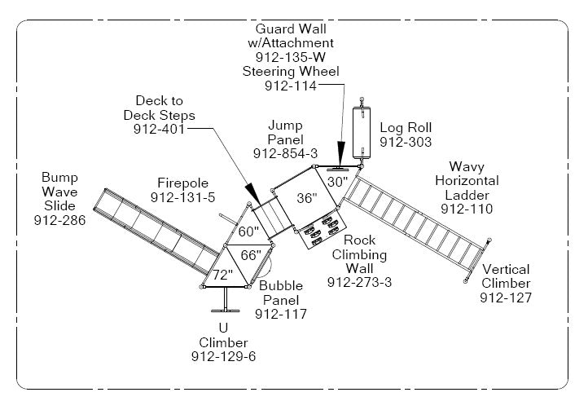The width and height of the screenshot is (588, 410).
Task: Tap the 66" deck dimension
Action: pyautogui.click(x=251, y=255)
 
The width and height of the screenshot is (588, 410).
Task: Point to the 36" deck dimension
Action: pyautogui.click(x=306, y=198)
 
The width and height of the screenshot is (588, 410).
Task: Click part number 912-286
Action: pyautogui.click(x=55, y=220)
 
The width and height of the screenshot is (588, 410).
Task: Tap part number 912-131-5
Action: pyautogui.click(x=182, y=197)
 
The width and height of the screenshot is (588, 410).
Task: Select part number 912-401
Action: pyautogui.click(x=160, y=129)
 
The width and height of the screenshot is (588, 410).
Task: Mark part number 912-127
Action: pyautogui.click(x=505, y=298)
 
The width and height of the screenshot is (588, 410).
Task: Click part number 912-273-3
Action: pyautogui.click(x=359, y=282)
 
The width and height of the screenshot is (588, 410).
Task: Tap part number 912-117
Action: pyautogui.click(x=281, y=314)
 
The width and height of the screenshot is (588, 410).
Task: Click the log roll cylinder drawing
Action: pyautogui.click(x=361, y=131)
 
